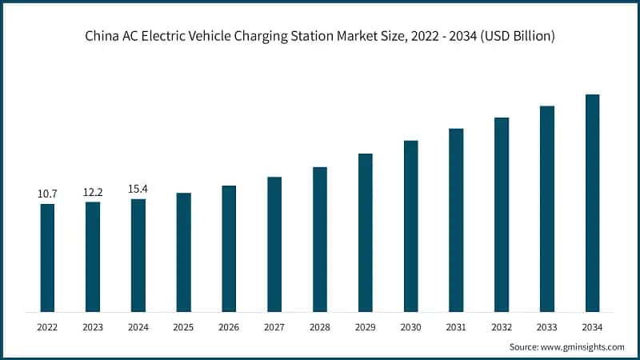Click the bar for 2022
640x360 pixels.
coord(47,258)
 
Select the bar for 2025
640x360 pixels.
coord(183,252)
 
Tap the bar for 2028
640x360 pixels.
coord(320,239)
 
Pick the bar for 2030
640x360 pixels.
coord(410,226)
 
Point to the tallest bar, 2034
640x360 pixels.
coord(592,203)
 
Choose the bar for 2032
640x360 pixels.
coord(502,214)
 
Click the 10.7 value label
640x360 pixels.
coord(47,194)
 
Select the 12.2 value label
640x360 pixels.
coord(93,192)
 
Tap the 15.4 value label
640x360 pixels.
coord(138,189)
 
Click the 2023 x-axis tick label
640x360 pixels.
coord(93,327)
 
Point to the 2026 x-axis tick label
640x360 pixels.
coord(229,327)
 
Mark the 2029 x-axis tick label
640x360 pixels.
coord(365,327)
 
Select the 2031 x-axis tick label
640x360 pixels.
coord(456,327)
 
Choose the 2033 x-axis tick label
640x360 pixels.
coord(547,327)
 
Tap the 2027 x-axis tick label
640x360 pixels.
coord(274,327)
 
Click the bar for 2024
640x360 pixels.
coord(138,255)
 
